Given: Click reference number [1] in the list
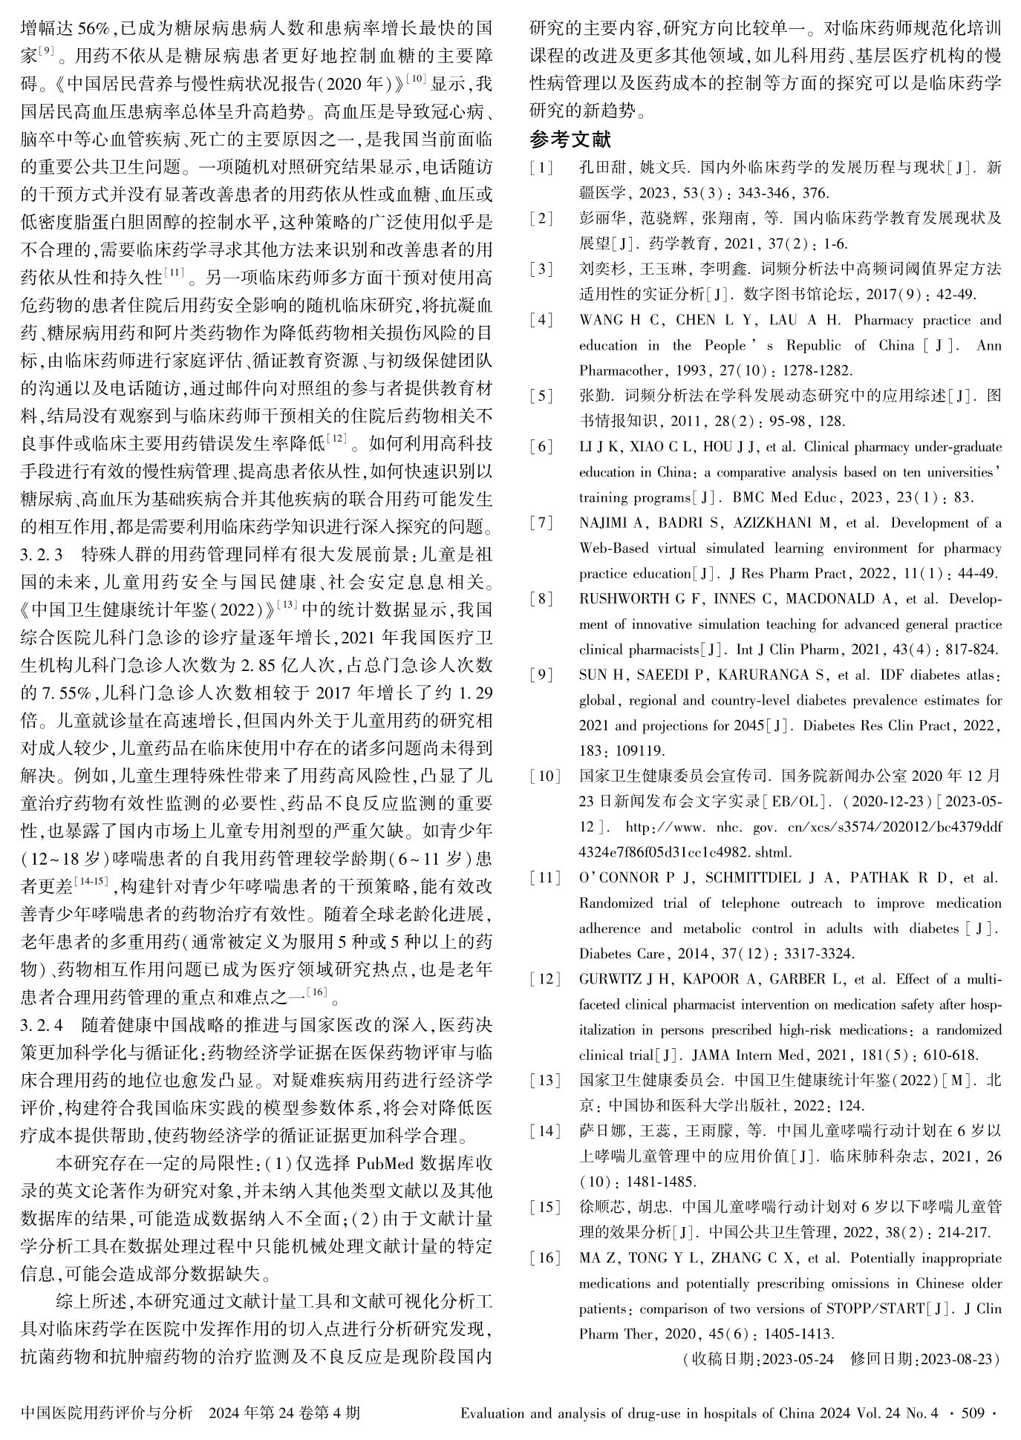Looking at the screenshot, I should click(x=541, y=168).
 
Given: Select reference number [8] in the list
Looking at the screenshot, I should click(x=541, y=599).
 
